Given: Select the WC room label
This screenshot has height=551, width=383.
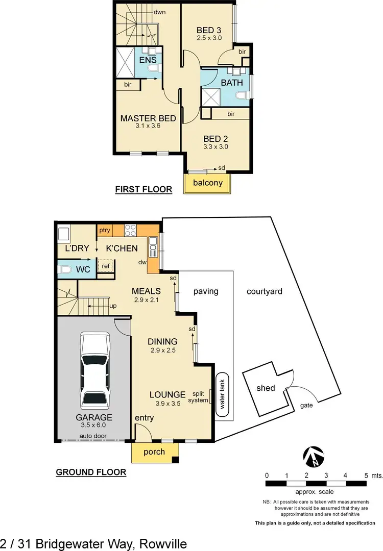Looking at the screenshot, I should [83, 269].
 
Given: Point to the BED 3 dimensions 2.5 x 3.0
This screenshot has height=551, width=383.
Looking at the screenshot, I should [209, 38].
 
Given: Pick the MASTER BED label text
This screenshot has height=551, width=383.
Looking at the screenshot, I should [148, 118].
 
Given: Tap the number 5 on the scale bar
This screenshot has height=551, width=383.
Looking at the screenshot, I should [366, 475].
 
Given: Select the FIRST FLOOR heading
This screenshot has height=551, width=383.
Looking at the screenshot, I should [143, 190].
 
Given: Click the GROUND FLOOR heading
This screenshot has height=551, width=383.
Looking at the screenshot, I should [91, 472].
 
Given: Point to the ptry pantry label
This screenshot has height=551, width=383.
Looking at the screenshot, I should [105, 231].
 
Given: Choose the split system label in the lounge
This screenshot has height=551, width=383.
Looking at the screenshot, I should [200, 397].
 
